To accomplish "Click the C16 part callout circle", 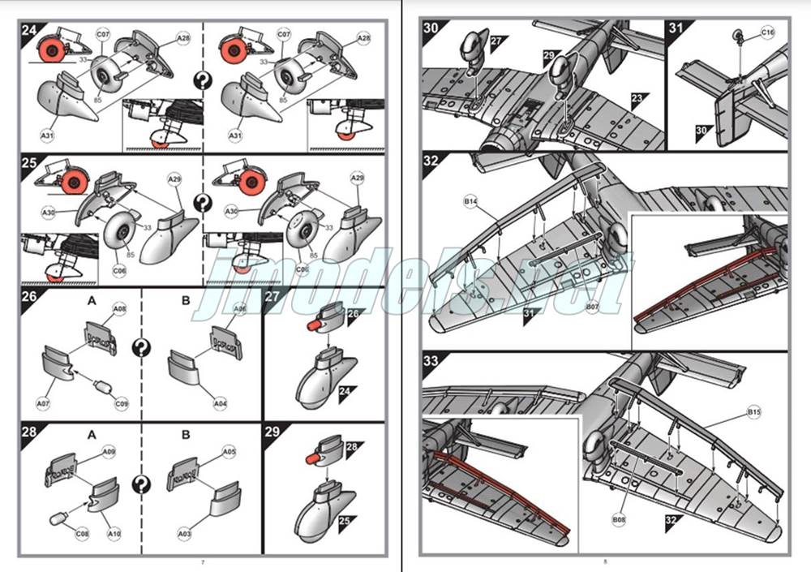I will coord(768,32).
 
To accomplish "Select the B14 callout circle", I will coord(470,201).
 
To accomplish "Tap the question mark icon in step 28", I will coord(142,485).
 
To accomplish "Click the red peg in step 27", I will coord(311,325).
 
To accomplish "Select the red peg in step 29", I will coord(311,461).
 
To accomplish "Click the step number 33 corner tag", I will coord(432,362).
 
